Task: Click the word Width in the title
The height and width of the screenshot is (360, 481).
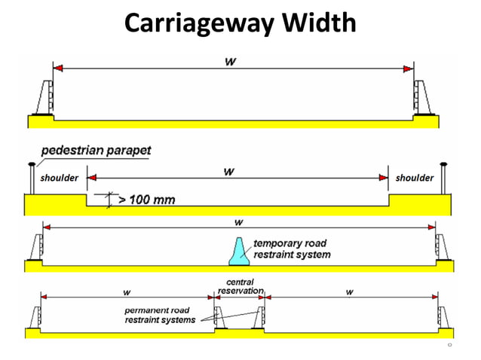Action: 317,23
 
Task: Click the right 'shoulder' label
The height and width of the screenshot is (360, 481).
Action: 415,178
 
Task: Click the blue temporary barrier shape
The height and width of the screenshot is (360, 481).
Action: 239,252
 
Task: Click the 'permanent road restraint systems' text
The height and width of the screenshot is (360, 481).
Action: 160,315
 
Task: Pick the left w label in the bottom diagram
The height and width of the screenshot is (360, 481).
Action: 125,292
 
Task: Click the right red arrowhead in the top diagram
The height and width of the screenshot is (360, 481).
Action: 408,69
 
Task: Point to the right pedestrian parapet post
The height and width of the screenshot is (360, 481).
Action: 446,178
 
